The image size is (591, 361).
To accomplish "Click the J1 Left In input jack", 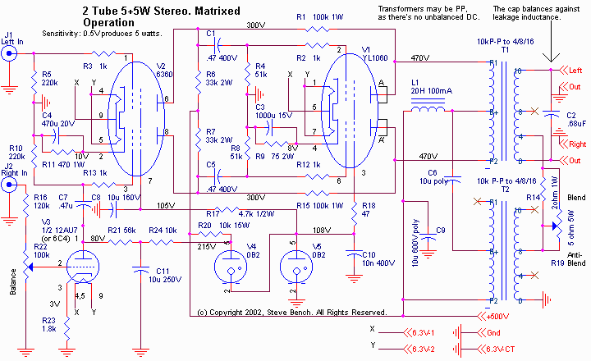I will pyautogui.click(x=10, y=53).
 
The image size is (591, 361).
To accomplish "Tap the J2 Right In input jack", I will pyautogui.click(x=10, y=185).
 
